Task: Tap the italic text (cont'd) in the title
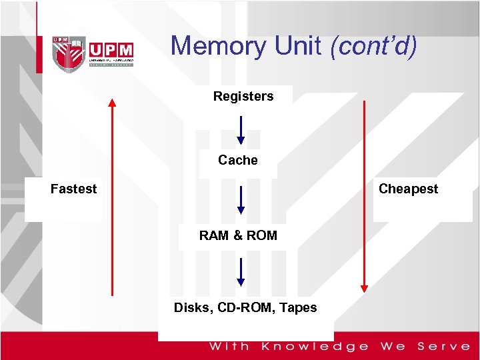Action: [374, 46]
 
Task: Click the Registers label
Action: [243, 96]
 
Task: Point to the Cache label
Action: [238, 160]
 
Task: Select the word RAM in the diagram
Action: [213, 235]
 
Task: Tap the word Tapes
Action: [299, 307]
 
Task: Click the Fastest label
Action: [74, 189]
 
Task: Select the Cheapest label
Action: [408, 189]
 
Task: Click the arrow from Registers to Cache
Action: [241, 130]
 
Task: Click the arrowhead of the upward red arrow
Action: [112, 103]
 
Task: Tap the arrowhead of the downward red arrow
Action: [364, 288]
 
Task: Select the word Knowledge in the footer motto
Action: [315, 346]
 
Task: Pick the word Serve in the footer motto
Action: [444, 346]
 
